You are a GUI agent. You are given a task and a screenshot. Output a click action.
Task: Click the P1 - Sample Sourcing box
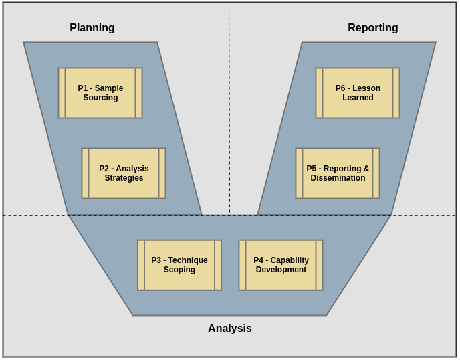tap(100, 93)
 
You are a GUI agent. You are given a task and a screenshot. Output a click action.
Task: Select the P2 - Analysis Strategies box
tap(124, 173)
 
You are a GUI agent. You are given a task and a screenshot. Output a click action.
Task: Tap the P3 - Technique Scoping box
tap(179, 265)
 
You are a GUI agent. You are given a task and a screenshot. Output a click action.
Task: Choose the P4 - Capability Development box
tap(281, 265)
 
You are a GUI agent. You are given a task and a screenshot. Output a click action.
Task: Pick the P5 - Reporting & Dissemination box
tap(338, 173)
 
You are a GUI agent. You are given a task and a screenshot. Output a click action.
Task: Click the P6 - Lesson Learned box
tap(358, 93)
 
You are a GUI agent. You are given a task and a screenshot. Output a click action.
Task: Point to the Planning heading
tap(92, 28)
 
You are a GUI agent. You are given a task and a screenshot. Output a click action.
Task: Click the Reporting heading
tap(372, 28)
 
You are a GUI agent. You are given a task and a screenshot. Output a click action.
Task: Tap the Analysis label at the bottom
tap(229, 329)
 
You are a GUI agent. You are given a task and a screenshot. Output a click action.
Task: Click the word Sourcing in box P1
tap(100, 98)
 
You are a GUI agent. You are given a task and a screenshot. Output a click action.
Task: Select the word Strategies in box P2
tap(124, 178)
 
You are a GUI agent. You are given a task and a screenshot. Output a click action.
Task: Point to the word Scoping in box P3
tap(179, 270)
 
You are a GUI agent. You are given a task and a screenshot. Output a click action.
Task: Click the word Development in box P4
tap(281, 270)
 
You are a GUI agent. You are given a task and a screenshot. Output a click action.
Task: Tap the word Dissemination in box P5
tap(338, 178)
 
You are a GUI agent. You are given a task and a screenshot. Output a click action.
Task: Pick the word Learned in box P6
tap(358, 98)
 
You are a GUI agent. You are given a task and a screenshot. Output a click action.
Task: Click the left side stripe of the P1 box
tap(62, 93)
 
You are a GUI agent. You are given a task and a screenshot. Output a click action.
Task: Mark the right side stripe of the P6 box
tap(396, 93)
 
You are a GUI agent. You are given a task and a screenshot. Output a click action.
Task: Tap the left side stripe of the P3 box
tap(141, 265)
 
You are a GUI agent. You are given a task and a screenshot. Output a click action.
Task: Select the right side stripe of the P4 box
tap(319, 265)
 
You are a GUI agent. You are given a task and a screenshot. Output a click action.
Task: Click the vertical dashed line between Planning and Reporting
tap(229, 134)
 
